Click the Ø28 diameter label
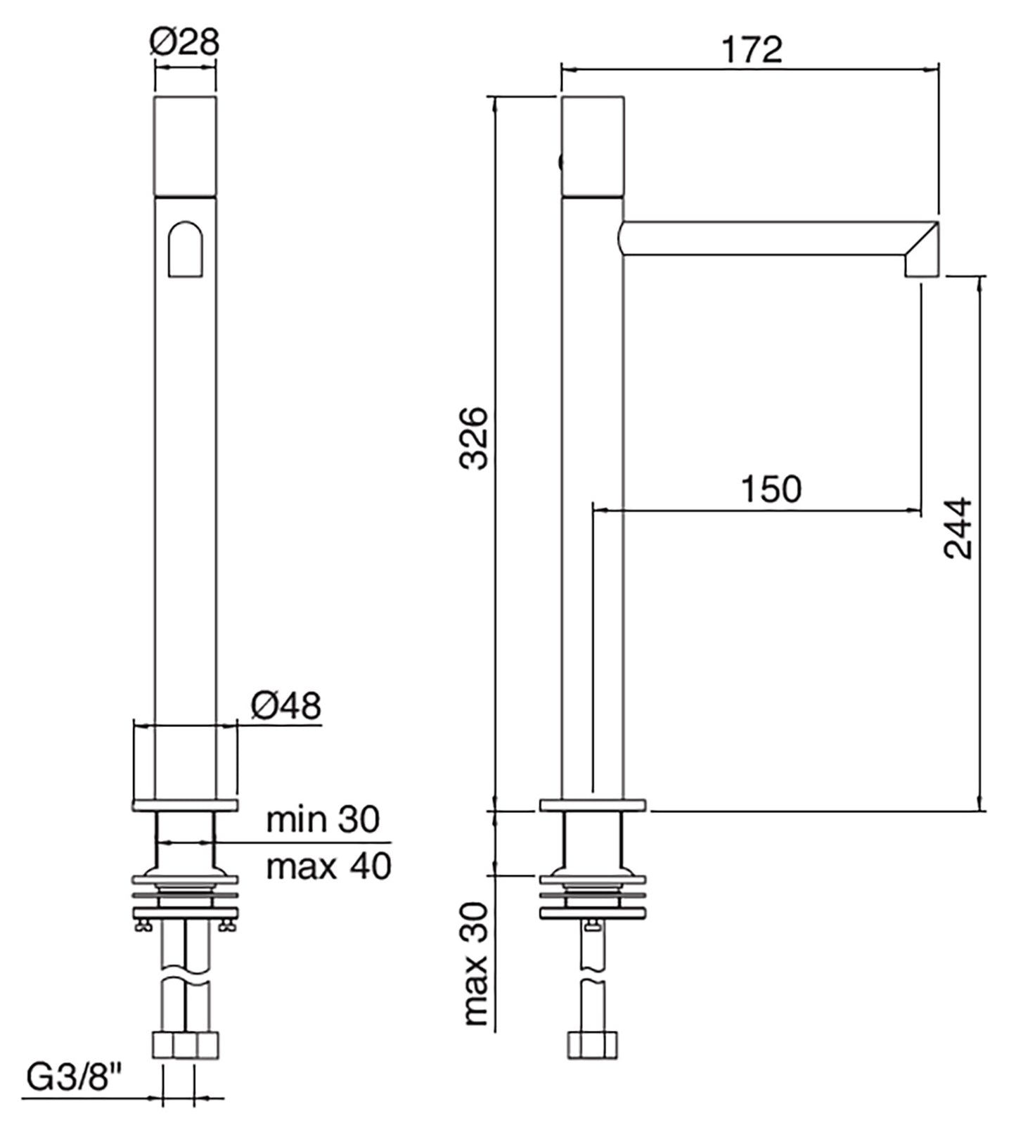[184, 43]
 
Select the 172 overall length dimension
[752, 50]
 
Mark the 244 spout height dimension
[958, 529]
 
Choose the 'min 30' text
[323, 819]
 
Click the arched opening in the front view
[185, 250]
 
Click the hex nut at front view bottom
[185, 1045]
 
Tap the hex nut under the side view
[592, 1045]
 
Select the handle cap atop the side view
[593, 146]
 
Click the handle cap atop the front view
[184, 146]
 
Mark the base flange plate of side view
[592, 806]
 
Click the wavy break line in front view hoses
[185, 979]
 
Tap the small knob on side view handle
[560, 163]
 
